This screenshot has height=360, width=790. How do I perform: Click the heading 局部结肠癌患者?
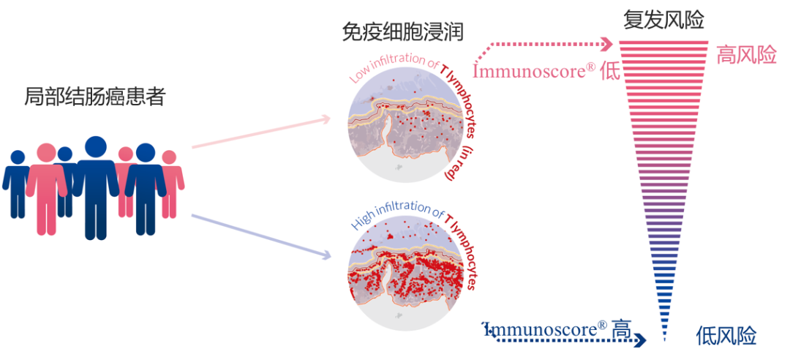pos(95,97)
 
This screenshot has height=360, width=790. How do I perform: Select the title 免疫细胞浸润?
pos(402,31)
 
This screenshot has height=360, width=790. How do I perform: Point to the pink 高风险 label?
pos(745,55)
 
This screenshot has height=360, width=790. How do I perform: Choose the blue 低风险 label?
pos(726,336)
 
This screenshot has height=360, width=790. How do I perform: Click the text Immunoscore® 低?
pos(546,71)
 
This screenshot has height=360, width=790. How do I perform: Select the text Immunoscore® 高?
pos(556,329)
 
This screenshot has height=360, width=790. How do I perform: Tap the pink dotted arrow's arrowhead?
pos(606,45)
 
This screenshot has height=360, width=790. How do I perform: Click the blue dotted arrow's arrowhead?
pos(642,340)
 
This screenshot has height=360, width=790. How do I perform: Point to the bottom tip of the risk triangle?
pos(664,340)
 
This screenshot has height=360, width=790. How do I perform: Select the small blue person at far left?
pos(17,183)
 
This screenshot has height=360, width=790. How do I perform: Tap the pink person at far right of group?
pos(170,183)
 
